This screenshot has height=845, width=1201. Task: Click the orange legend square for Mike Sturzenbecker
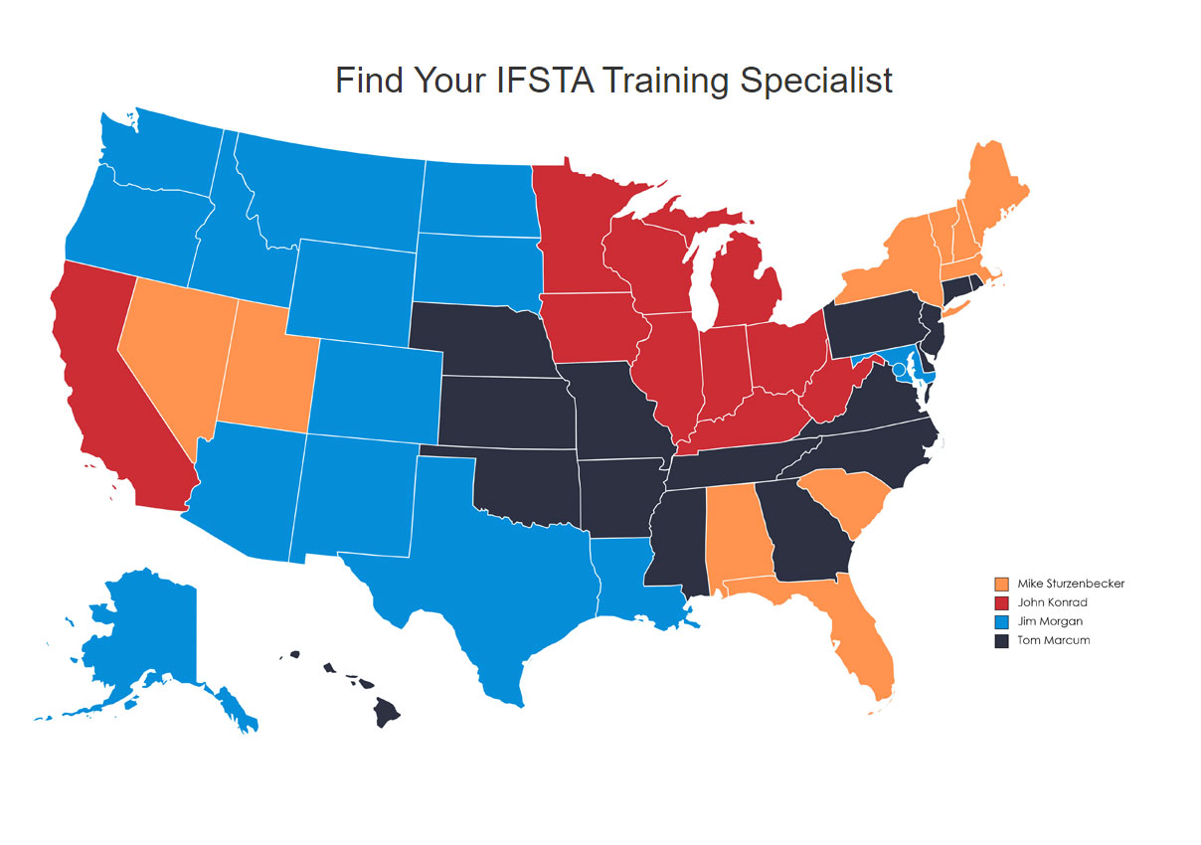(x=1001, y=584)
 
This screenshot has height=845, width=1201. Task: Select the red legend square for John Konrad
(x=1001, y=602)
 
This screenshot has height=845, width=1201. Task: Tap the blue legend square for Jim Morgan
(x=1001, y=621)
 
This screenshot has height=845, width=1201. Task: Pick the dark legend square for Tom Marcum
(x=1001, y=640)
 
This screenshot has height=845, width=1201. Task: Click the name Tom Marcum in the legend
(x=1053, y=640)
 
